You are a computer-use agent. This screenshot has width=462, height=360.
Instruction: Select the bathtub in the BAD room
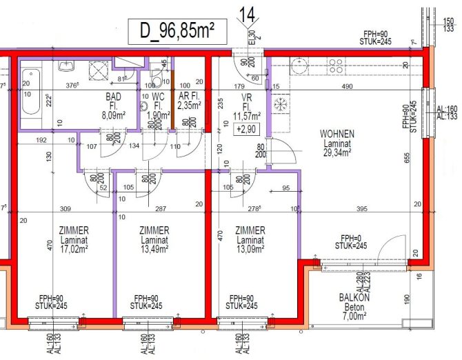(x=30, y=92)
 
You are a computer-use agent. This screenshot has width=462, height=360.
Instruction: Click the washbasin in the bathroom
(x=67, y=67)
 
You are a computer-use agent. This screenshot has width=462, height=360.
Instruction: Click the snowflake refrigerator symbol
(x=281, y=103)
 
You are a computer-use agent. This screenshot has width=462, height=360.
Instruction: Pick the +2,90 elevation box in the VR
(x=246, y=129)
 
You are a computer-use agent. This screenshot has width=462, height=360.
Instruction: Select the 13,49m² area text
(x=154, y=251)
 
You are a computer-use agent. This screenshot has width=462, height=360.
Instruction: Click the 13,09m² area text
(x=250, y=251)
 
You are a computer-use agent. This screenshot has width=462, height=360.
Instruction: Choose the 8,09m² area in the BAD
(x=112, y=117)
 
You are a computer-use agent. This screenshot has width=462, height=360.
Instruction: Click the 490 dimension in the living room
(x=348, y=86)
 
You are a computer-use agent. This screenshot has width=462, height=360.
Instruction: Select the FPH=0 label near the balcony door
(x=350, y=237)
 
